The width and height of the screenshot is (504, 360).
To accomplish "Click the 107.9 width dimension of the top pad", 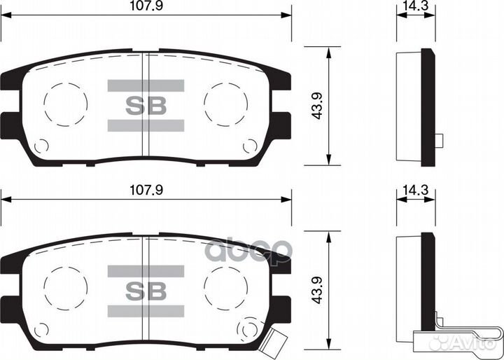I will coord(146,8).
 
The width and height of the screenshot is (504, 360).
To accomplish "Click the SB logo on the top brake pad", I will coord(146,106).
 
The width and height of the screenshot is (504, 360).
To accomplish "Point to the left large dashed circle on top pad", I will coord(65,104).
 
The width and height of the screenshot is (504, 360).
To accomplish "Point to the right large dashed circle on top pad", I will coord(225,104).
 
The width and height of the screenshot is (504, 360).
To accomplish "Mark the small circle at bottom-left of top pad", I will coord(41,146).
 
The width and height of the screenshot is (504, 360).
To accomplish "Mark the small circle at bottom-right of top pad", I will coord(249,146).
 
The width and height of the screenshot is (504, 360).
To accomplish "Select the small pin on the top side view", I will coord(439,141).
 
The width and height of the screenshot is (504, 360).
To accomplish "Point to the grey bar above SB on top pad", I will coord(146,85).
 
